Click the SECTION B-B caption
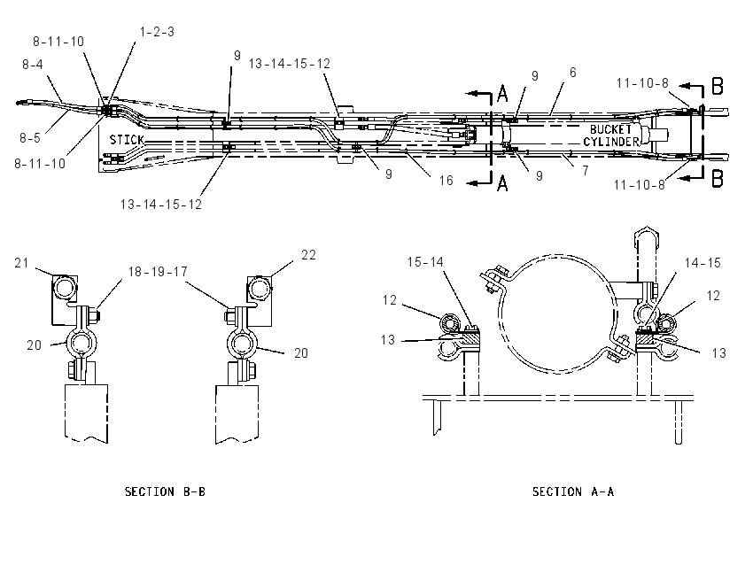165,491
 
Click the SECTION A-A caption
572,491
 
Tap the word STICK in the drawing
127,140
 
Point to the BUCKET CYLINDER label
611,135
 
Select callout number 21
21,262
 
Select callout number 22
308,255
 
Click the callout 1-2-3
157,32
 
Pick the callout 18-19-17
158,272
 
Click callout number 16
446,181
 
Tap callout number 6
572,73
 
